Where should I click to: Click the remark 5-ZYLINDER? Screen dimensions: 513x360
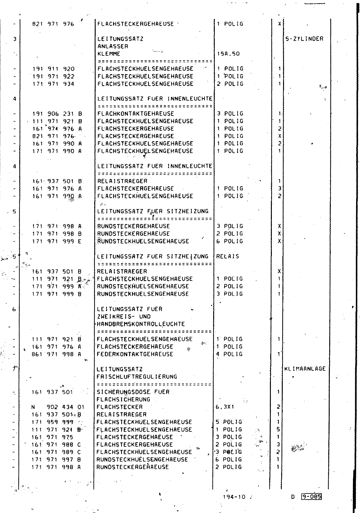304,39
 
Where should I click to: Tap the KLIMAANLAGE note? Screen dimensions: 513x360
305,369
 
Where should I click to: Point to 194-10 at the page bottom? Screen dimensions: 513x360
234,497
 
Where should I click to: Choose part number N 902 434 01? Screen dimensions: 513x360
58,407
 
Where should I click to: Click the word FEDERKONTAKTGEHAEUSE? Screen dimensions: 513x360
135,354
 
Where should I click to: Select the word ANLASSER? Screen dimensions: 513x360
113,46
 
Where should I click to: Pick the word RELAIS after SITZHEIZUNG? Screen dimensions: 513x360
228,256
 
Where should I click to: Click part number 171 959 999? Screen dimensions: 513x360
53,422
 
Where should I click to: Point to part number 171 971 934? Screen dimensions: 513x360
53,84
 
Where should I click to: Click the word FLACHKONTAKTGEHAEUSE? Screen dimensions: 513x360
136,114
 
